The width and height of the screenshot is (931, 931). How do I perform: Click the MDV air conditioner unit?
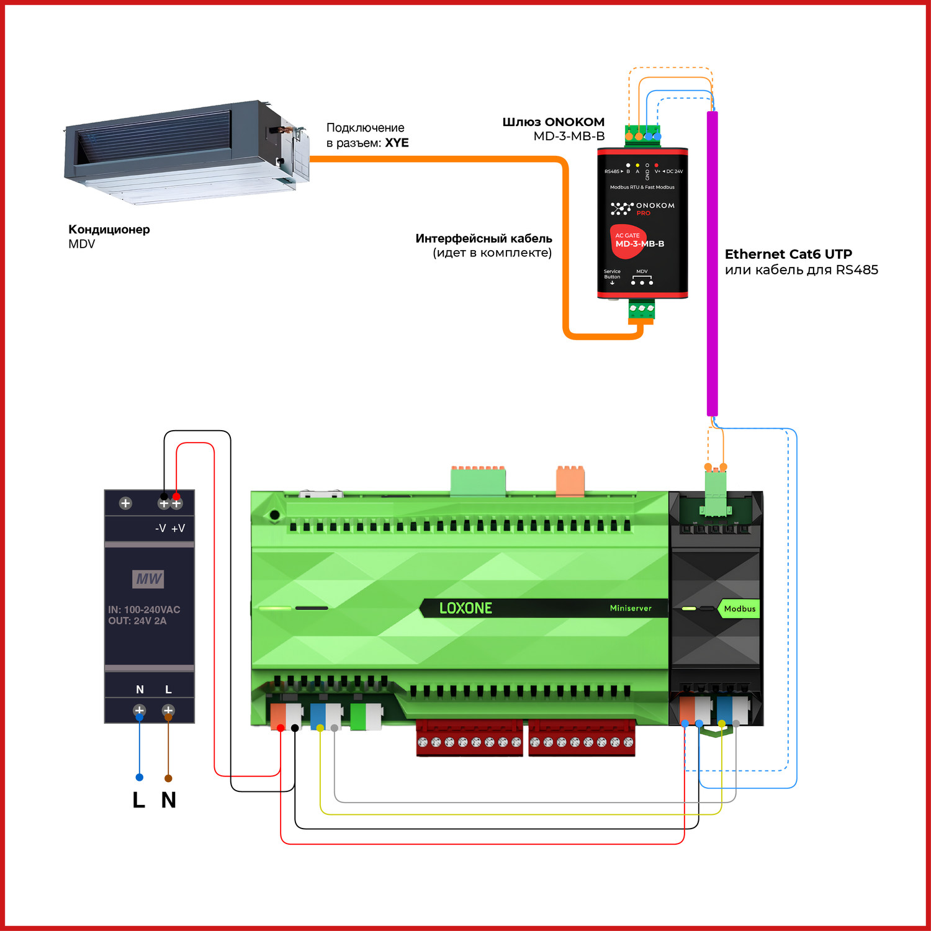coord(186,152)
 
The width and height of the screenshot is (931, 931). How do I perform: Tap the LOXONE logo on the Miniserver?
coord(465,608)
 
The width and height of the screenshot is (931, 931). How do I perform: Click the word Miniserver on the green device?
coord(631,608)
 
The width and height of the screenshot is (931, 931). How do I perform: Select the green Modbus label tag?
coord(739,609)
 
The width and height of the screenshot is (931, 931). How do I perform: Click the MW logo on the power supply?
coord(149,579)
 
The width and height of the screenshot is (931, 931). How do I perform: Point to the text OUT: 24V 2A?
coord(137,621)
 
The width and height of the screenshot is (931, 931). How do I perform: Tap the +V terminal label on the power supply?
coord(178,528)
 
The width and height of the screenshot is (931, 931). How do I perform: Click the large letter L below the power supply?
coord(138,800)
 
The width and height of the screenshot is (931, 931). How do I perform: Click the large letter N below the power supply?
coord(168,800)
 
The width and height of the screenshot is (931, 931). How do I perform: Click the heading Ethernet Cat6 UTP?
coord(788,254)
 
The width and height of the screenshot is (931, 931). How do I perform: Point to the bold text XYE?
coord(397,143)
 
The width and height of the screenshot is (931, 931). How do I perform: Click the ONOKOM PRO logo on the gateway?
coord(642,208)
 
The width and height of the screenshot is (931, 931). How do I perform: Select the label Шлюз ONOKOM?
coord(553,122)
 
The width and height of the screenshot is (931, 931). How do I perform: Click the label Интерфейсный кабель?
coord(483,238)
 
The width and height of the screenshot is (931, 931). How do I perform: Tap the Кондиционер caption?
coord(109,229)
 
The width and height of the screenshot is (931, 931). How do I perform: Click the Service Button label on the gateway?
coord(612,274)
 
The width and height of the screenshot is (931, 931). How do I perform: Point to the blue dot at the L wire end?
coord(140,777)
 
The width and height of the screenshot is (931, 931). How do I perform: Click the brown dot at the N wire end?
coord(168,778)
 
